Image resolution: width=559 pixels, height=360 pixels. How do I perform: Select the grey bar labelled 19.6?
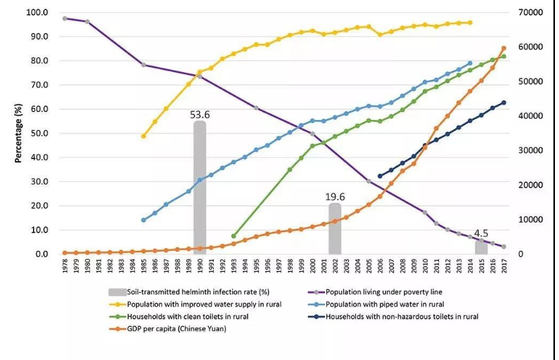(335, 229)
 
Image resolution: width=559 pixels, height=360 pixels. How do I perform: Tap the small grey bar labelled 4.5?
(481, 247)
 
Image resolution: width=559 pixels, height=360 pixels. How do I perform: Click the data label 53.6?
(200, 115)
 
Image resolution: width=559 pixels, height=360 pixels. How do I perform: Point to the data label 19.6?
(335, 197)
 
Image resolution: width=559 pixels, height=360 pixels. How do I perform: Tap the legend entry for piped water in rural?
(381, 304)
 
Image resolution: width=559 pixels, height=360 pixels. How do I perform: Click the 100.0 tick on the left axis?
(36, 13)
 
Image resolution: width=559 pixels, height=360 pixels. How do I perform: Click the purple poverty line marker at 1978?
(65, 18)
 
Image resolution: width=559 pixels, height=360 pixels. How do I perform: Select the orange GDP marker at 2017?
(504, 49)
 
